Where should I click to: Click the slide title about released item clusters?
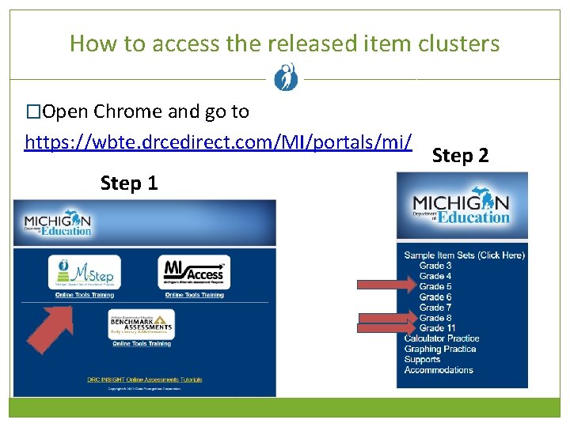285,43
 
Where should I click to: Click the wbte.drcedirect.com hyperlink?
218,142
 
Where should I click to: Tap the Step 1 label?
129,183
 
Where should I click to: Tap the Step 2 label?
461,156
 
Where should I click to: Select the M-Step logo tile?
85,273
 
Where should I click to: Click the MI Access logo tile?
194,273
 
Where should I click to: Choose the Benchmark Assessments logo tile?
141,323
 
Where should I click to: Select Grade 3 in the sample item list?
435,266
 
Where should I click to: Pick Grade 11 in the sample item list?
437,328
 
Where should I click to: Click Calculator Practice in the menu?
442,338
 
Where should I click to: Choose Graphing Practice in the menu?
440,349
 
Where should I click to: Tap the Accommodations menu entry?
439,370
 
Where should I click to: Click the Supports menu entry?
422,359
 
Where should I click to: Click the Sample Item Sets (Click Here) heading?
464,255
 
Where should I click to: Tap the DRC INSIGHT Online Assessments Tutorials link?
144,380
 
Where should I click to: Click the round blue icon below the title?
285,78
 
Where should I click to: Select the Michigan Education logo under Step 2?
462,207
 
